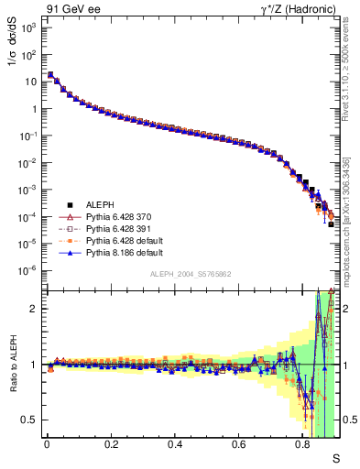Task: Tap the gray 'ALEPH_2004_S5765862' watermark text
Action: click(x=191, y=275)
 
